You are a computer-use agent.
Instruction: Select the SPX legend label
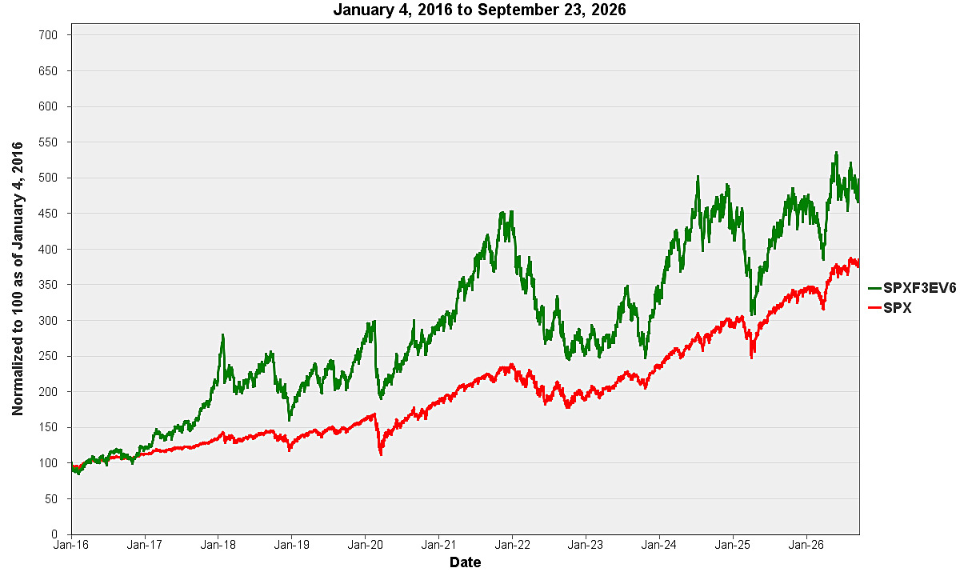tap(898, 308)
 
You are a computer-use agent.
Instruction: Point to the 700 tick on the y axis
tap(48, 35)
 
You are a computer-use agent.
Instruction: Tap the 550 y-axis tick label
tap(48, 142)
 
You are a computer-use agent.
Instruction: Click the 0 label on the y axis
tap(54, 534)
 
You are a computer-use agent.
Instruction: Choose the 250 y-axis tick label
tap(48, 356)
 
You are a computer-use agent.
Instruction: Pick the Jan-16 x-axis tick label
tap(70, 545)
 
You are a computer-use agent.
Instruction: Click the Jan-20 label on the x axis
tap(365, 545)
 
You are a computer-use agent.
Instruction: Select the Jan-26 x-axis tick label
tap(806, 545)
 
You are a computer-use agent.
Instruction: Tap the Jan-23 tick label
tap(586, 545)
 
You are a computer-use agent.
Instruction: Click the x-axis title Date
tap(466, 562)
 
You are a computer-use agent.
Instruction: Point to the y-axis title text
tap(17, 279)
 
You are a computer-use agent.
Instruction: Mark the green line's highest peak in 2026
tap(836, 152)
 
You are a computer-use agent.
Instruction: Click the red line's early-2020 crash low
tap(381, 454)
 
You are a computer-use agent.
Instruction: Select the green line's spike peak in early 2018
tap(223, 334)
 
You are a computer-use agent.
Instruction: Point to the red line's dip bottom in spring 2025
tap(751, 358)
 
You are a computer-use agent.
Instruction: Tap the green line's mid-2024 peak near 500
tap(698, 176)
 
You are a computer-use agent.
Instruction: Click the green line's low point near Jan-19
tap(290, 420)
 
